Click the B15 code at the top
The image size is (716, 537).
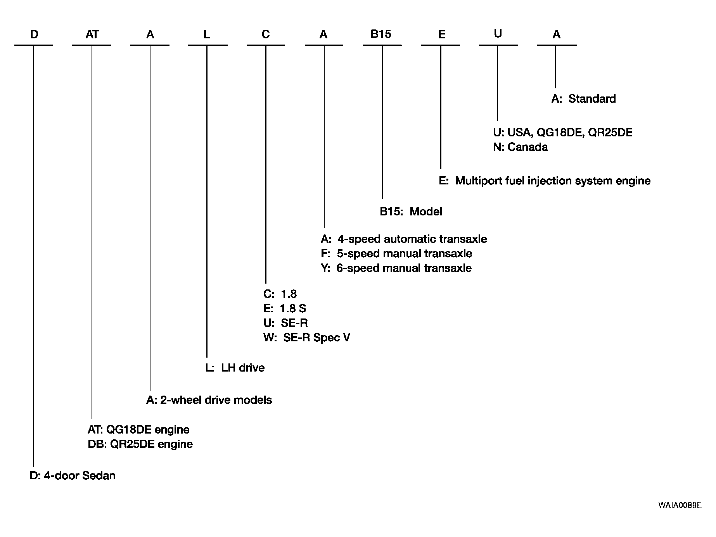381,34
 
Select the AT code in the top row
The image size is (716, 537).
92,34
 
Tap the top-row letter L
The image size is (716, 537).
207,34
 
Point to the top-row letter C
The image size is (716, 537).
266,34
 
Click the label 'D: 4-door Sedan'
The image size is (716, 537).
73,475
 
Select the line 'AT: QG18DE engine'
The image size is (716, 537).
138,429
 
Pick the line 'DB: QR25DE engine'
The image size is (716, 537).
140,444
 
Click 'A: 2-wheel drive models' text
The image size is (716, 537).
209,400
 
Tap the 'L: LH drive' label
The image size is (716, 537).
235,367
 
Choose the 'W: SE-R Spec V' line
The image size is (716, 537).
307,337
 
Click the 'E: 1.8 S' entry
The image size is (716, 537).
285,308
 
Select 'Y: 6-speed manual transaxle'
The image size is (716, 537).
396,268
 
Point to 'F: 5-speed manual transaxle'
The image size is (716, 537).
396,253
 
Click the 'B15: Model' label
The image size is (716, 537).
411,212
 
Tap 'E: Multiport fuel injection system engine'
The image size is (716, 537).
545,181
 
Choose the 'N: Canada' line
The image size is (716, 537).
521,147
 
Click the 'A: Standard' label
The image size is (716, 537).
583,98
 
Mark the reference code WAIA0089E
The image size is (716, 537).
680,505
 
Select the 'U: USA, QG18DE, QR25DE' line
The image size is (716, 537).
563,133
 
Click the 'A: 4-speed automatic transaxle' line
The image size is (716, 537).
404,239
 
